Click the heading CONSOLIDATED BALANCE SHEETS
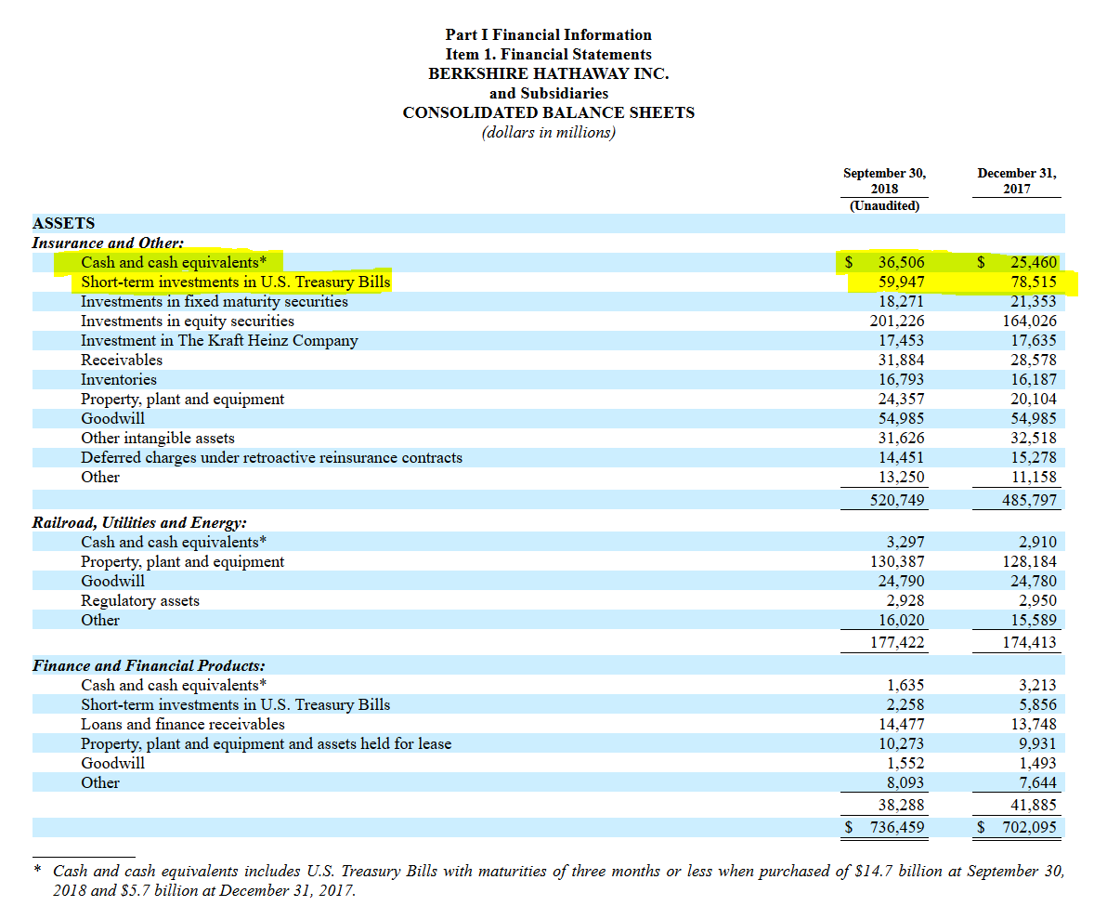[x=548, y=112]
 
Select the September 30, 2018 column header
[x=884, y=180]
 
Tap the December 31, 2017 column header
[x=1016, y=180]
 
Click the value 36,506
[x=901, y=262]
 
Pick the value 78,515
[x=1033, y=282]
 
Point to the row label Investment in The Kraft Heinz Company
[x=218, y=340]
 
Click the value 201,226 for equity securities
[x=896, y=321]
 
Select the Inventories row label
[x=118, y=379]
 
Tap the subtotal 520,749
[x=896, y=500]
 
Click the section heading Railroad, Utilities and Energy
[x=139, y=522]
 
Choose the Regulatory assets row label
[x=139, y=600]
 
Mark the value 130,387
[x=896, y=561]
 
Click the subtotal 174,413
[x=1029, y=642]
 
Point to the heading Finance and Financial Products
[x=149, y=665]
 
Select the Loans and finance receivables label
[x=182, y=724]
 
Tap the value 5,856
[x=1036, y=704]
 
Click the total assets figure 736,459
[x=896, y=827]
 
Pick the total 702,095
[x=1029, y=827]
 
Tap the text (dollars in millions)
[x=548, y=132]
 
